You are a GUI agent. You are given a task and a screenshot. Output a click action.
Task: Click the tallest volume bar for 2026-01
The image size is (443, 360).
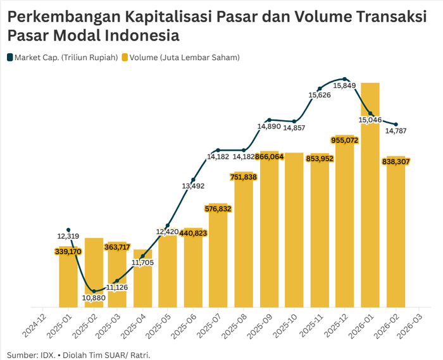[x=370, y=196]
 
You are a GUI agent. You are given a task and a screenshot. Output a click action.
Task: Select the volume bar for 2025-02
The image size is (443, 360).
[x=94, y=272]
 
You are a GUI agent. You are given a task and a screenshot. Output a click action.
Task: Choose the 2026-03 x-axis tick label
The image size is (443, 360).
[x=413, y=326]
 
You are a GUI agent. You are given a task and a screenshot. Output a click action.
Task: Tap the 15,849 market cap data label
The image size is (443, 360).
[x=344, y=85]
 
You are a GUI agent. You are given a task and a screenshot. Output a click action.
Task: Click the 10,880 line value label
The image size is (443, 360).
[x=94, y=298]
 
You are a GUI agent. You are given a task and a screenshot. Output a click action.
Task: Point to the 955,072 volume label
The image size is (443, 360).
[x=345, y=140]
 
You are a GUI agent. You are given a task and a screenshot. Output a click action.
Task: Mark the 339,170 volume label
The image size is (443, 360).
[x=68, y=251]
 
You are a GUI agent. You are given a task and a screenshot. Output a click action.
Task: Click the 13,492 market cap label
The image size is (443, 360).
[x=193, y=186]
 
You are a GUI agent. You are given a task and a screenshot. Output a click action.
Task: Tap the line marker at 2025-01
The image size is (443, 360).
[x=68, y=230]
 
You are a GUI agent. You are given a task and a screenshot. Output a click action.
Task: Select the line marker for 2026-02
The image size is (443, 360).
[x=396, y=124]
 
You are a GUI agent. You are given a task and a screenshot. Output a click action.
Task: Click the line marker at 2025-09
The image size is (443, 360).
[x=269, y=120]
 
